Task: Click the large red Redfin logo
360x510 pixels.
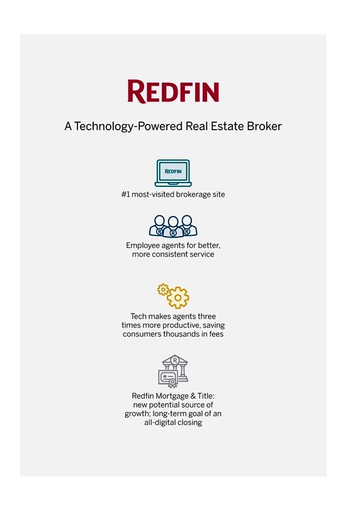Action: [173, 91]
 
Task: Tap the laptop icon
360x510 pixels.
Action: [173, 173]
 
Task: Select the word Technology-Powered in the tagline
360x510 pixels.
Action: [129, 126]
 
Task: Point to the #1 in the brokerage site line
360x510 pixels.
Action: [125, 195]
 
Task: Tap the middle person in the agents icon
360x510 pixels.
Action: [173, 227]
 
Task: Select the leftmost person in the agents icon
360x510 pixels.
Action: [159, 225]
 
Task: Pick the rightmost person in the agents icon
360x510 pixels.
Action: [188, 225]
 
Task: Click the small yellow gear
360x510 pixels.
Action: [163, 289]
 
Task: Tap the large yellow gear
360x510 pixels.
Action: [177, 298]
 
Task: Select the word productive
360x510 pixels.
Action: [181, 326]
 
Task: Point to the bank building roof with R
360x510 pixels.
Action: [175, 360]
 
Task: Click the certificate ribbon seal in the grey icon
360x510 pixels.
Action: [172, 382]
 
